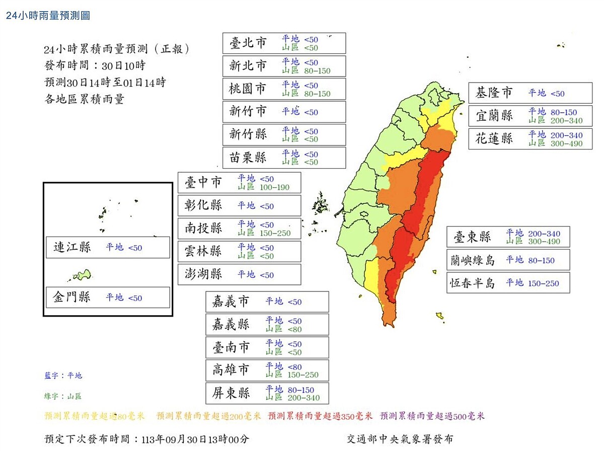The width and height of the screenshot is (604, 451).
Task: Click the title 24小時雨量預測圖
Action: tap(48, 16)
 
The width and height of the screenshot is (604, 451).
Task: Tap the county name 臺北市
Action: tap(248, 43)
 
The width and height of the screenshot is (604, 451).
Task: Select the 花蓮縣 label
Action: tap(494, 139)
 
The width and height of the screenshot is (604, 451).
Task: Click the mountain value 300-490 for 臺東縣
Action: tap(544, 242)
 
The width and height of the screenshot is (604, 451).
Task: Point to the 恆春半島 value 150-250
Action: tap(544, 283)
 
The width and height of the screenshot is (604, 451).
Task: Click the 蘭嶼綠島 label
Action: tap(473, 260)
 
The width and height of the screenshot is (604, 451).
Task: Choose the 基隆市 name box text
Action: tap(494, 93)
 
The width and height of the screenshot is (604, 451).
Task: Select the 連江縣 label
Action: tap(72, 248)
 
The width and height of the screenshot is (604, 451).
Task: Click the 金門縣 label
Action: tap(72, 297)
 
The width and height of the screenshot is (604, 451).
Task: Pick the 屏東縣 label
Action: tap(231, 393)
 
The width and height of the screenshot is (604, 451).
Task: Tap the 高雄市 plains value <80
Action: tap(295, 367)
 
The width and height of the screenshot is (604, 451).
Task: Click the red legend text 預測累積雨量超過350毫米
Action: tap(320, 416)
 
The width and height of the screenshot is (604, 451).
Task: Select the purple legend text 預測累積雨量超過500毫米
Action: tap(432, 416)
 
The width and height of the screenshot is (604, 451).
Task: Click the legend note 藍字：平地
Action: tap(63, 375)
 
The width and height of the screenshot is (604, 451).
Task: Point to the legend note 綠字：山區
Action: tap(63, 397)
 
